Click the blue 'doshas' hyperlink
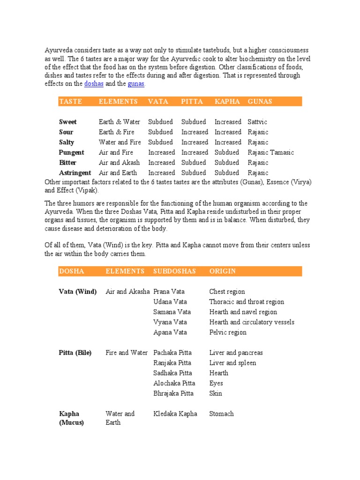coord(94,84)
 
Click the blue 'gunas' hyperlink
coord(136,84)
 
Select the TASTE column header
coord(70,101)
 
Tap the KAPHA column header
coord(227,101)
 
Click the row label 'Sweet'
coord(68,122)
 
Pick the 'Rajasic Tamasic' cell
coord(270,152)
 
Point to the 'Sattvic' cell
coord(257,122)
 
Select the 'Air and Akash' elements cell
coord(119,163)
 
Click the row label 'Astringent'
coord(75,173)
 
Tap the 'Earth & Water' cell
coord(120,122)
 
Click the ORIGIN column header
coord(222,271)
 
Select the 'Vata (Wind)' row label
coord(78,292)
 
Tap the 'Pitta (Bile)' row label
coord(75,352)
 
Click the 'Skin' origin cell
coord(216,394)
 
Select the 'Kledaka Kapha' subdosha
coord(175,414)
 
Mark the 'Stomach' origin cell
coord(221,414)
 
